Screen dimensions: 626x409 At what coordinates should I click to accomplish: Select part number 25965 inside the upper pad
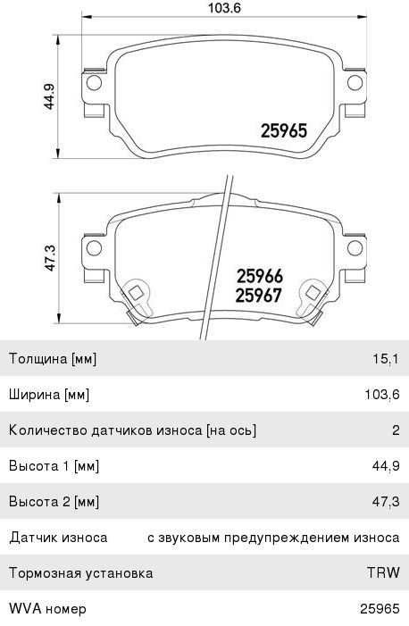pos(283,130)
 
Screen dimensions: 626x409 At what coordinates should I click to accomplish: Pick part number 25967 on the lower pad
pos(258,296)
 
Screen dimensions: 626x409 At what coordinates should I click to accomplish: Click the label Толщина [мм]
pos(52,359)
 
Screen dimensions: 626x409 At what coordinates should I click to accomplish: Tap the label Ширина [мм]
pos(48,395)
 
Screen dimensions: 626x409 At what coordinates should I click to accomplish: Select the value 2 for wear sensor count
pos(395,430)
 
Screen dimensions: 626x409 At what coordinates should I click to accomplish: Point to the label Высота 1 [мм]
pos(53,466)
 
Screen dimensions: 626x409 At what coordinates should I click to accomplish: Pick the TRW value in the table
pos(383,573)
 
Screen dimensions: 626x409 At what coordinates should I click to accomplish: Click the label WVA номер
pos(47,609)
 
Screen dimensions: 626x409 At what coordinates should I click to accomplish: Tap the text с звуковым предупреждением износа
pos(272,538)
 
